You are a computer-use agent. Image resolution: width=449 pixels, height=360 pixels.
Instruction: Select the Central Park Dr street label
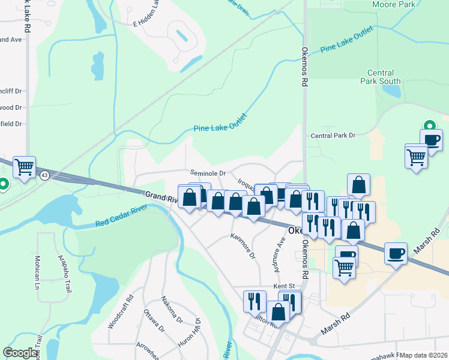pos(333,136)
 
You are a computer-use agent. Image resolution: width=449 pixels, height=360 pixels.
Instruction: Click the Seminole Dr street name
pos(208,173)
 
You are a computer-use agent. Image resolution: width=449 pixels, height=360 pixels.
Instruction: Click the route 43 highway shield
pos(45,175)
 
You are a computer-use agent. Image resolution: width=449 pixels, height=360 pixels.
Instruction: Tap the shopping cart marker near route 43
pos(25,167)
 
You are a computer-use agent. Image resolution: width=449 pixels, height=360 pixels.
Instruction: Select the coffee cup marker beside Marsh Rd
pos(396,253)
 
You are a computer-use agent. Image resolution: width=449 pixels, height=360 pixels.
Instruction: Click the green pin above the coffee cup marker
pos(429,126)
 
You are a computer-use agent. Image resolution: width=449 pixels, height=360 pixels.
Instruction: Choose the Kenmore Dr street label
pos(243,246)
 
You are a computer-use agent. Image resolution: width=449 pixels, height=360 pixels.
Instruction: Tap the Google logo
pos(20,353)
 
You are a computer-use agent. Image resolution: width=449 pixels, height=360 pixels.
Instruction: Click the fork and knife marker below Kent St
pos(254,301)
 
